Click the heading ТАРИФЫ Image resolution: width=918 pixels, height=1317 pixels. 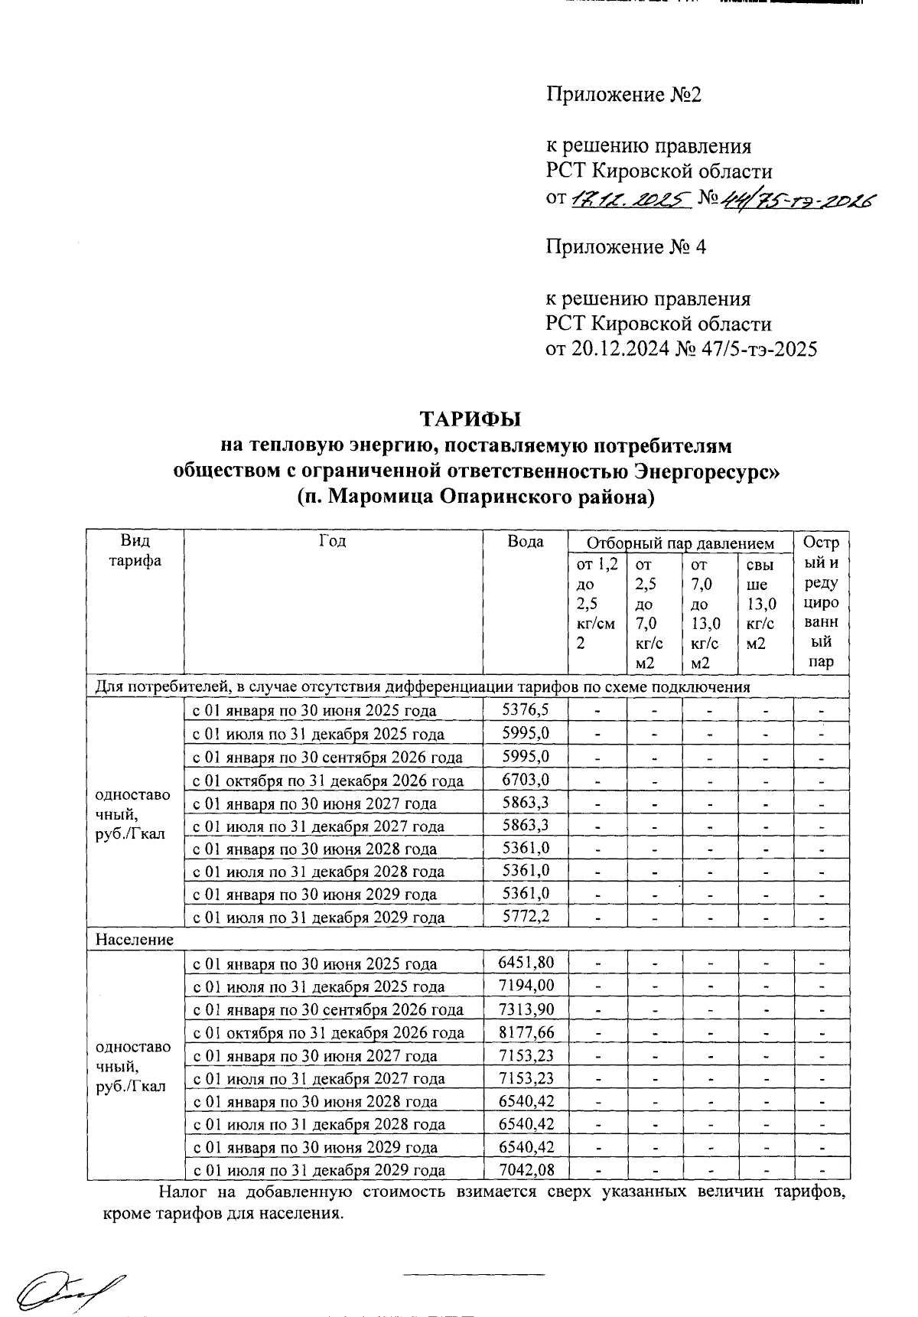[470, 419]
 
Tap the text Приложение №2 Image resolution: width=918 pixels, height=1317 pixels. [623, 95]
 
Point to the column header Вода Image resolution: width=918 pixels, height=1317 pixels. [525, 542]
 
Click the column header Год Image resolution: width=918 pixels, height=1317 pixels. [332, 541]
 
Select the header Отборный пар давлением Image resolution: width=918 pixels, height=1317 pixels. [680, 543]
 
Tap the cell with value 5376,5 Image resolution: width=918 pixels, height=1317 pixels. [525, 709]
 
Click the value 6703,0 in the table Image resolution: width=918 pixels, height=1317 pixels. [525, 779]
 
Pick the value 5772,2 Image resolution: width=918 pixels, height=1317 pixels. [525, 916]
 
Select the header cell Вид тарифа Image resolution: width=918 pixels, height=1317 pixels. [135, 550]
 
